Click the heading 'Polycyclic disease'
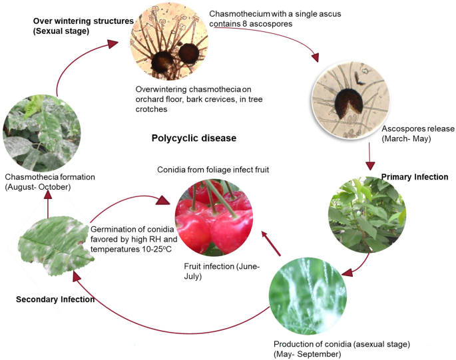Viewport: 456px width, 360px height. click(x=194, y=138)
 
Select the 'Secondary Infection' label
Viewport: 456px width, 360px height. click(x=55, y=299)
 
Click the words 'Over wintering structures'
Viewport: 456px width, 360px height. click(x=83, y=21)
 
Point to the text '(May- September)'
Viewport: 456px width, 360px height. click(x=307, y=353)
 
